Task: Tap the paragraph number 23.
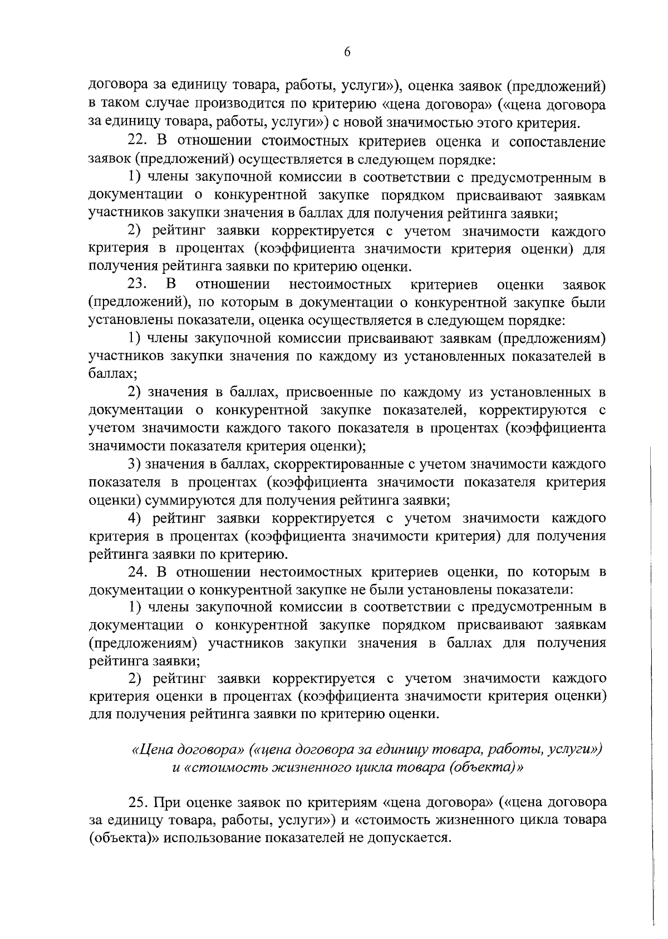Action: (x=137, y=284)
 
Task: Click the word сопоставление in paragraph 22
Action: (x=557, y=141)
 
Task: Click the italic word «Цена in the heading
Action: (x=152, y=750)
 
